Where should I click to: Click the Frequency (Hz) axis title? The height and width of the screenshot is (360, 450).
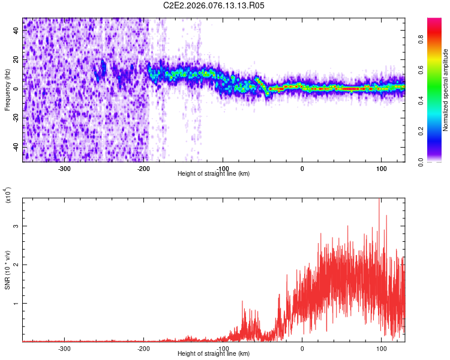click(7, 90)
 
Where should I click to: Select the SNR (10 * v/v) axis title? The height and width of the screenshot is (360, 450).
click(7, 270)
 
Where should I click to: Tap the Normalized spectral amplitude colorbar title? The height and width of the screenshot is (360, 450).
click(446, 90)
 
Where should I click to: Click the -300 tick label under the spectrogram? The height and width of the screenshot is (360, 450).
click(64, 168)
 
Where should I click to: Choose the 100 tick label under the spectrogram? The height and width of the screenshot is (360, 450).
click(381, 168)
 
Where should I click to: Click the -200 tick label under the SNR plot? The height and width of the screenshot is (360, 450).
click(143, 348)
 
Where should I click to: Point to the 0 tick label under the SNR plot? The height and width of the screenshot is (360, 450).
click(302, 348)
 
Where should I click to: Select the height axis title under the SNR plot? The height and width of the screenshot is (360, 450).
click(214, 354)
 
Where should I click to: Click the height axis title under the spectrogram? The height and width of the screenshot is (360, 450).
click(214, 173)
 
